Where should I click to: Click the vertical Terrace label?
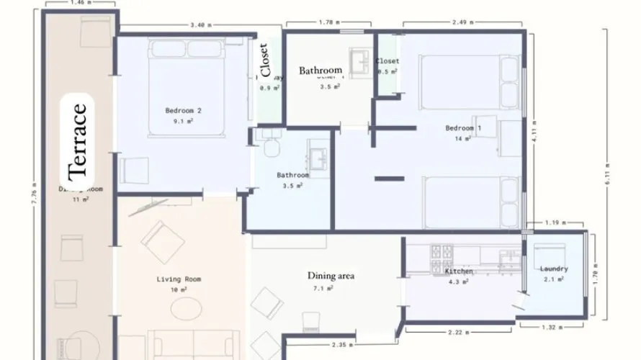pyautogui.click(x=78, y=141)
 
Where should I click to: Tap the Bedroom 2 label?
pyautogui.click(x=183, y=111)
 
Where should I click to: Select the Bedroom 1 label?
pyautogui.click(x=463, y=128)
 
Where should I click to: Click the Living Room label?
pyautogui.click(x=179, y=279)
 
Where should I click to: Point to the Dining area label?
pyautogui.click(x=331, y=276)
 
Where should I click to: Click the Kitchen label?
pyautogui.click(x=458, y=271)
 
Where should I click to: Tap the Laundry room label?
pyautogui.click(x=554, y=269)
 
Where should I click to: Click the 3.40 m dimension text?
pyautogui.click(x=200, y=25)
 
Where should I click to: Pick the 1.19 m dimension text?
pyautogui.click(x=553, y=222)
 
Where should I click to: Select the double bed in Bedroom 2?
pyautogui.click(x=189, y=86)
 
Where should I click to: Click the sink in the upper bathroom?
pyautogui.click(x=358, y=58)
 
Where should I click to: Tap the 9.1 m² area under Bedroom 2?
pyautogui.click(x=183, y=122)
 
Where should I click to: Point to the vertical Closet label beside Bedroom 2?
pyautogui.click(x=265, y=60)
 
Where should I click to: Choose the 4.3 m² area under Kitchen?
pyautogui.click(x=458, y=282)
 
